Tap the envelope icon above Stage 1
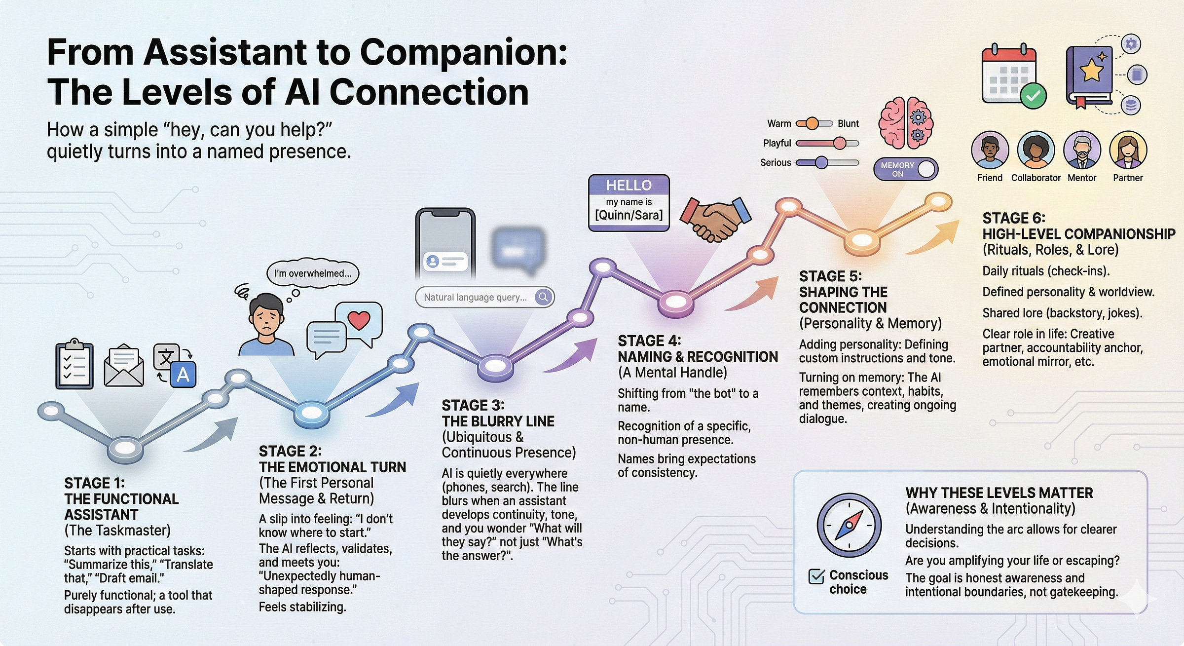(124, 365)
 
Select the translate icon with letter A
(176, 366)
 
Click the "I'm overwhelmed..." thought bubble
(313, 273)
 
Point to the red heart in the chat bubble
(359, 320)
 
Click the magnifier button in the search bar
(543, 297)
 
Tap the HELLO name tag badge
(629, 202)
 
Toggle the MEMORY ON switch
(906, 169)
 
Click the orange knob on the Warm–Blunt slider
(812, 123)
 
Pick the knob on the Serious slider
(821, 162)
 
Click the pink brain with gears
(906, 123)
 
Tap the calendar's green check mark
(1033, 96)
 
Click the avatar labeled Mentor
(1082, 150)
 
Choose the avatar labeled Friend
(990, 150)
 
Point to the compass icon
(849, 525)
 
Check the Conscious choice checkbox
(816, 576)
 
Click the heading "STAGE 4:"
(649, 341)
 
